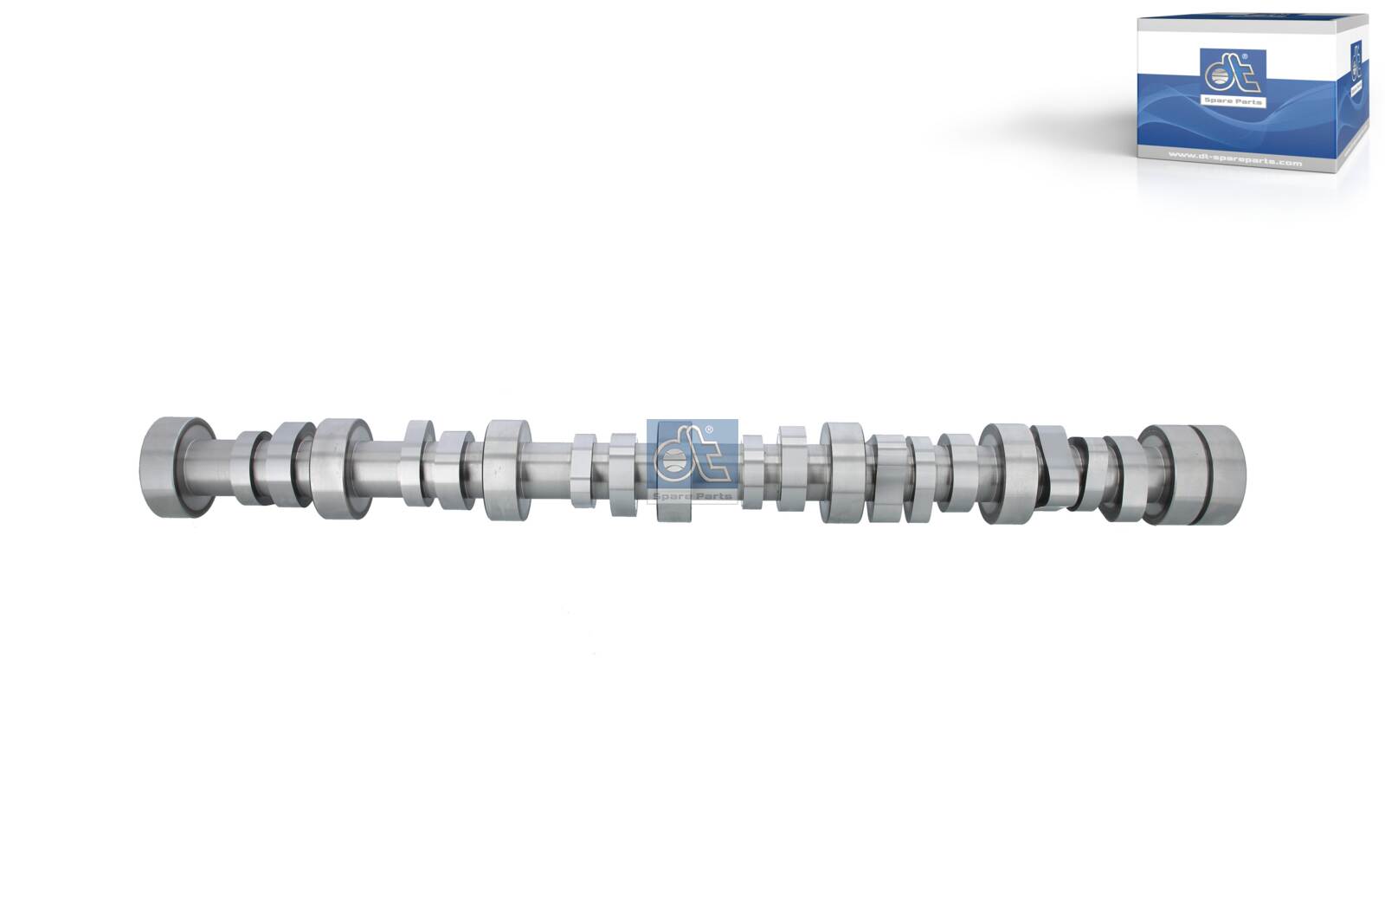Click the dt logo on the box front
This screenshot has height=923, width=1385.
[1233, 74]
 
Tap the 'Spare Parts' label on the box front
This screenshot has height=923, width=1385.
[1233, 101]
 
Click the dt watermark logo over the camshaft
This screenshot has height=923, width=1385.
[691, 455]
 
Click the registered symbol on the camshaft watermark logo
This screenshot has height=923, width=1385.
[710, 430]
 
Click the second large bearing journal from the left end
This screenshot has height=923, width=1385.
[340, 468]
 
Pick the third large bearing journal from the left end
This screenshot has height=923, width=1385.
[506, 470]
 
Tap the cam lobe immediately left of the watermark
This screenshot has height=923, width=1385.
[623, 474]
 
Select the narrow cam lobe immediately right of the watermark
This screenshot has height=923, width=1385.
[753, 472]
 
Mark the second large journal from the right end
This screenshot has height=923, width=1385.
[1006, 473]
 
